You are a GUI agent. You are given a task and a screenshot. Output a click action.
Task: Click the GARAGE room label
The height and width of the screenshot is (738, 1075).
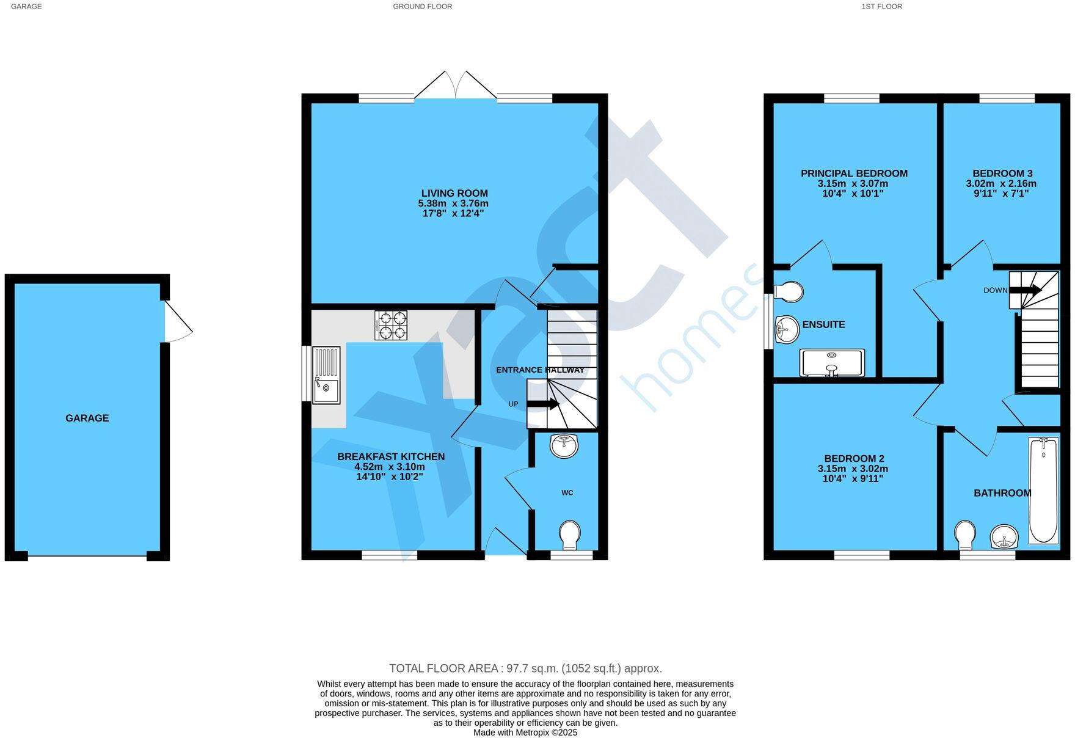[87, 418]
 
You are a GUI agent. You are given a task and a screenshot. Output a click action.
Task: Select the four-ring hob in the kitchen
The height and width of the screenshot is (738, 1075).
[390, 325]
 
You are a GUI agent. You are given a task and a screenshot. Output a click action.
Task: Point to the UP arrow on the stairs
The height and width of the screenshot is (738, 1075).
[543, 404]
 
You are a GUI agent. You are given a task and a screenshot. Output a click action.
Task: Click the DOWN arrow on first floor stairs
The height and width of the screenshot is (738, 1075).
[1025, 291]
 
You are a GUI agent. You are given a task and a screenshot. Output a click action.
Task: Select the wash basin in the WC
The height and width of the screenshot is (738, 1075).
[564, 445]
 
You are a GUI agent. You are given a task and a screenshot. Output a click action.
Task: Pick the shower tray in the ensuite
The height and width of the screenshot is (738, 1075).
[832, 363]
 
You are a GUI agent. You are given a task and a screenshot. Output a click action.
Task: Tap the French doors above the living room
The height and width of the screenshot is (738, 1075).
[456, 86]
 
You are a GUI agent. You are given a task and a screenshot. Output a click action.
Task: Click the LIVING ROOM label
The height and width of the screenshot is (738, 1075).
[454, 194]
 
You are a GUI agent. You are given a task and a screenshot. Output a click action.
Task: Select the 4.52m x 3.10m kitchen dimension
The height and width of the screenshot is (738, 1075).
[390, 467]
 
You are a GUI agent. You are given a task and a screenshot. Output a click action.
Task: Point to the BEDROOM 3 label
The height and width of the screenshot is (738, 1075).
[1002, 174]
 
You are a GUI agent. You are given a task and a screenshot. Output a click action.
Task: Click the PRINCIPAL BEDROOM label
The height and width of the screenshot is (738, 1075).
[854, 174]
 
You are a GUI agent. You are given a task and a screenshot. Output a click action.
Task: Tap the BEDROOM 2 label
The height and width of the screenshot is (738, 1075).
[854, 459]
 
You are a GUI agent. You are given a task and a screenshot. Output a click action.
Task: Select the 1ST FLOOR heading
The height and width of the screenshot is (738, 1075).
[881, 7]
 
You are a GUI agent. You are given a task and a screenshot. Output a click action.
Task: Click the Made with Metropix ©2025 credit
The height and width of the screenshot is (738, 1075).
[525, 733]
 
